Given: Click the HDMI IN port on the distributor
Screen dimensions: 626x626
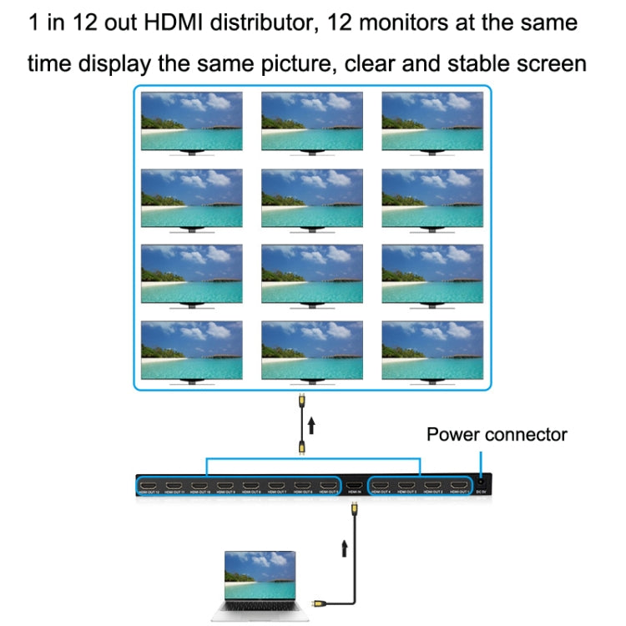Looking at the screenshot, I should pos(354,486).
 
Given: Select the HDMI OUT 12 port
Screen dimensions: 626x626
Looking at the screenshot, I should pos(149,486).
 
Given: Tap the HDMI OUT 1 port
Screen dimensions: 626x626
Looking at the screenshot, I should pos(459,486).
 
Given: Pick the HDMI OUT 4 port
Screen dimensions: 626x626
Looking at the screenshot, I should pos(381,486).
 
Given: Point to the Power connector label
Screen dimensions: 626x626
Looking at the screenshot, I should pos(497,434).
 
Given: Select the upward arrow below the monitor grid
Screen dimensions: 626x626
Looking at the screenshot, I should pos(311,427).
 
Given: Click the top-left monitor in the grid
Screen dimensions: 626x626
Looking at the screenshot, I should pos(192,121).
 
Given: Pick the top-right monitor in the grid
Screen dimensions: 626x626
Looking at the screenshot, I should pos(432,121).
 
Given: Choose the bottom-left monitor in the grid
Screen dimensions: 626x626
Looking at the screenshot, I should pos(192,351).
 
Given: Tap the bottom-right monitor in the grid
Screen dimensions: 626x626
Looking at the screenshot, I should pos(432,351).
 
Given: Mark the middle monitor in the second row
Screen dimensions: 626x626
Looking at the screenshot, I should pos(312,198).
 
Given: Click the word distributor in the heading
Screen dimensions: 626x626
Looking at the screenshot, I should pos(264,23).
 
